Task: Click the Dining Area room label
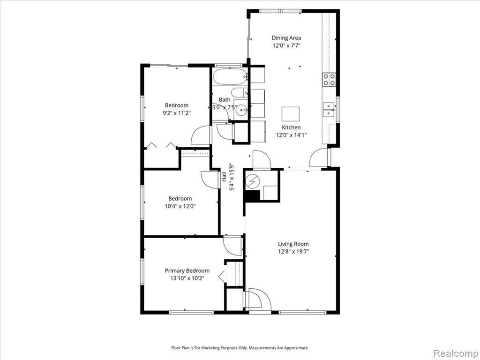286,38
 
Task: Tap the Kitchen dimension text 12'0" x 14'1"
291,135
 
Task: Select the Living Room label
293,244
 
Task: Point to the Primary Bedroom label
187,270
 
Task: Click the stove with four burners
329,80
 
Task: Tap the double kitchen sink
329,110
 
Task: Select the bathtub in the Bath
230,76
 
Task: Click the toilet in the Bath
240,92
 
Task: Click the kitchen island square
291,114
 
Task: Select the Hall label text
224,177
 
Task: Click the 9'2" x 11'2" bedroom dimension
177,113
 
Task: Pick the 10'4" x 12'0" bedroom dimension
180,206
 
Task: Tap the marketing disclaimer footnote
240,348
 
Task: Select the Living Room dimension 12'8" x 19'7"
293,252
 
